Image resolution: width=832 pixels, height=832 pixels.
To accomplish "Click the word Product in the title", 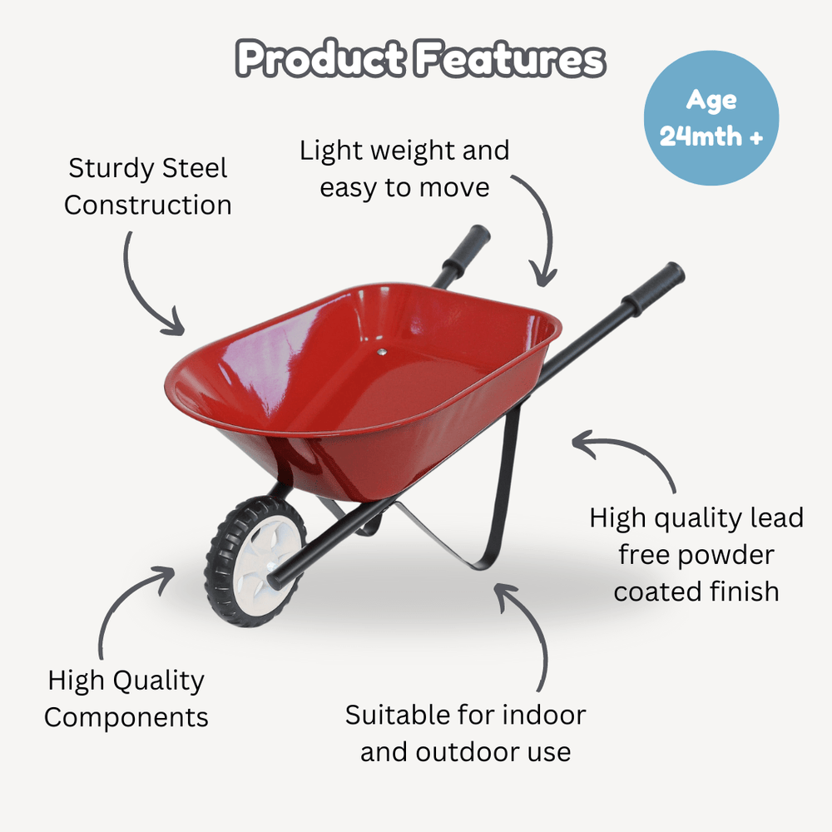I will [x=320, y=61].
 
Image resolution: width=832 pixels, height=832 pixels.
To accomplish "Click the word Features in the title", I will [x=508, y=61].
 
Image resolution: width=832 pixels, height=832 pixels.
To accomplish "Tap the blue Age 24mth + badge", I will [x=711, y=118].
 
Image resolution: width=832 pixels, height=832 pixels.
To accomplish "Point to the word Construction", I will [x=147, y=206].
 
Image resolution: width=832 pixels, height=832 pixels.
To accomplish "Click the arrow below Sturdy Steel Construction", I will [x=146, y=287].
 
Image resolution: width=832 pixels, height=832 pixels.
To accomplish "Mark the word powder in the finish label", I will [x=722, y=555].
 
